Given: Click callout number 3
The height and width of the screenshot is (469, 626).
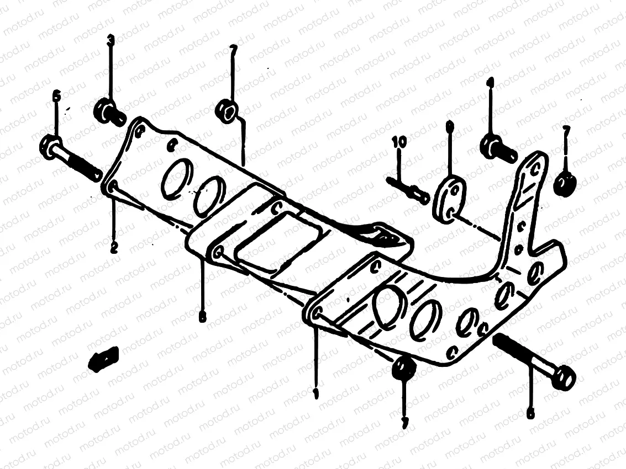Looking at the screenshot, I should coord(111,40).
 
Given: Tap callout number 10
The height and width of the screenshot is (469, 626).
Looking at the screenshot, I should coord(399,142).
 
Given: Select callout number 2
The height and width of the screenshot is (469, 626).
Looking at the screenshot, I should coord(114,248).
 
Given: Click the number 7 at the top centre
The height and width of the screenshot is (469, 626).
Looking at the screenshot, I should coord(233,50).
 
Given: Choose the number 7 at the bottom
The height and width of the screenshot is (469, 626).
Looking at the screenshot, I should coord(405,423).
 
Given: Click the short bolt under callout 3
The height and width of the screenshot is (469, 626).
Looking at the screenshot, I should coord(110,111).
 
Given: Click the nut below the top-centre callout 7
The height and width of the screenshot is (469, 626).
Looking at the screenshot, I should coord(227,109).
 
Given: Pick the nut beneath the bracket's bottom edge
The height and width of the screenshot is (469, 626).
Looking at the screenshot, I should coord(403,368).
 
